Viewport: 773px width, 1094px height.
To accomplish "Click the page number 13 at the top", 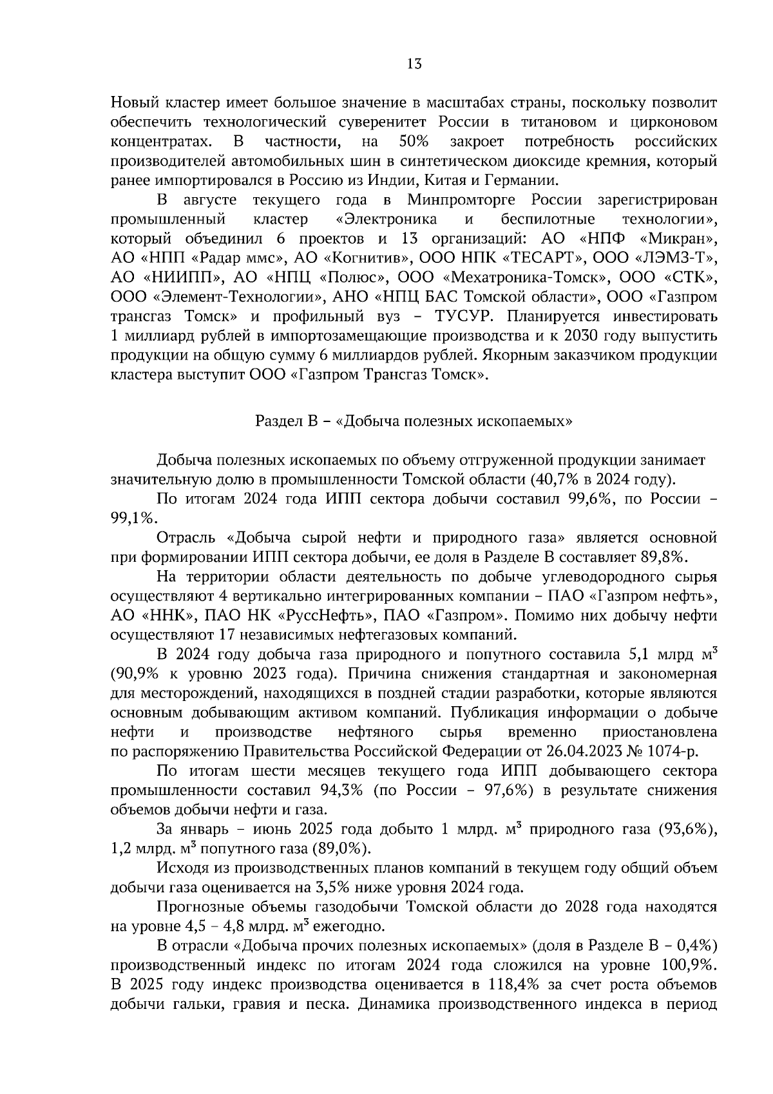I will pyautogui.click(x=414, y=64).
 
